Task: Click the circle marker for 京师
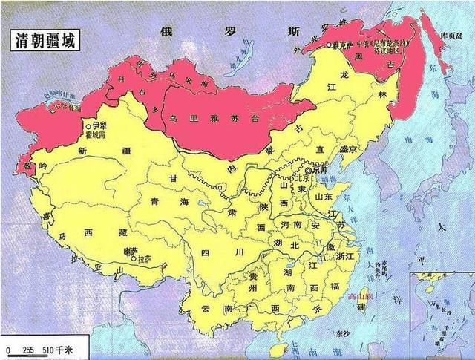point(308,170)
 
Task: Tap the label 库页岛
point(451,36)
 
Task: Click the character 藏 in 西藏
point(110,235)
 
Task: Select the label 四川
point(215,254)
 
